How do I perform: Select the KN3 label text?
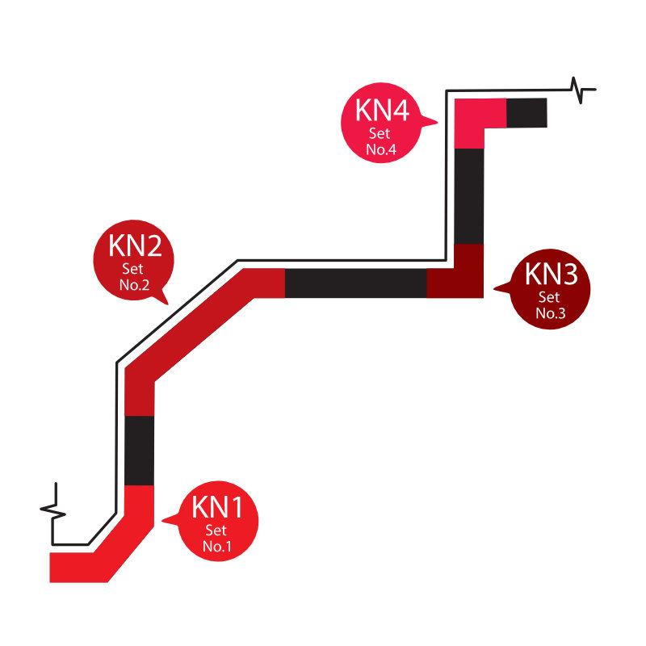(552, 275)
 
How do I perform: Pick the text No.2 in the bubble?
(135, 284)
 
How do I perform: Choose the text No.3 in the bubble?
(551, 313)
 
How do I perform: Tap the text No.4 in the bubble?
(380, 149)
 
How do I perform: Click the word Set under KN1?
(216, 531)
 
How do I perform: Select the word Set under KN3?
(551, 297)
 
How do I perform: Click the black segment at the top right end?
(526, 112)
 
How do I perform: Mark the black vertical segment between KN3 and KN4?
(469, 195)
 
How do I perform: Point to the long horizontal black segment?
(355, 283)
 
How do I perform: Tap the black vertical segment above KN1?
(140, 450)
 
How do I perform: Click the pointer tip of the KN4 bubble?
(438, 124)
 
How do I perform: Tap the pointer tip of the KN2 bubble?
(167, 304)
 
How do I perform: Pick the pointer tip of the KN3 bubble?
(493, 287)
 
